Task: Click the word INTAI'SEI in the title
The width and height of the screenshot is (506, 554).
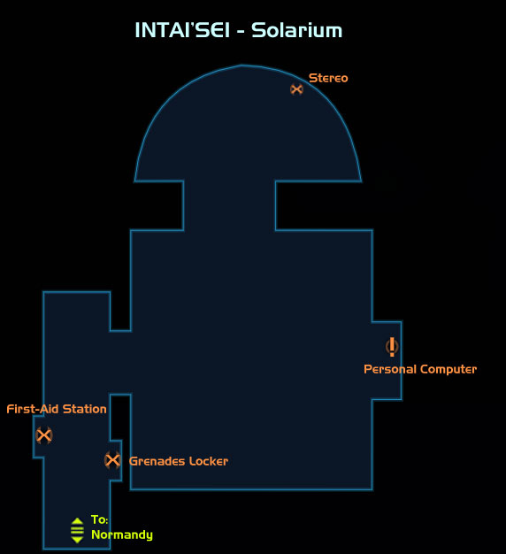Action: pyautogui.click(x=182, y=30)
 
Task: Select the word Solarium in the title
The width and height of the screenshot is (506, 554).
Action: pyautogui.click(x=296, y=30)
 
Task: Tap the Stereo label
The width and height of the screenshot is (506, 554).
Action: pyautogui.click(x=328, y=78)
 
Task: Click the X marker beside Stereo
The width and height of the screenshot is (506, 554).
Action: pyautogui.click(x=296, y=89)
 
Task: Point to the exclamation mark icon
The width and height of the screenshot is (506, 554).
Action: pyautogui.click(x=392, y=347)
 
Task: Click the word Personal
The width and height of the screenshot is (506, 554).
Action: pyautogui.click(x=390, y=369)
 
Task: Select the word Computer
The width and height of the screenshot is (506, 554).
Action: pyautogui.click(x=448, y=369)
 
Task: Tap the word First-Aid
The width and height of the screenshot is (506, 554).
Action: pyautogui.click(x=33, y=409)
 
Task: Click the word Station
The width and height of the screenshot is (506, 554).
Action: pyautogui.click(x=84, y=409)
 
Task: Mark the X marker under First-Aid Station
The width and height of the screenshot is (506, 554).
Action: pyautogui.click(x=43, y=435)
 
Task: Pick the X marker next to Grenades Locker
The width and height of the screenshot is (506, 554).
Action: pyautogui.click(x=112, y=460)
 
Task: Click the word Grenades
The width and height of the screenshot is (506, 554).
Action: pyautogui.click(x=157, y=461)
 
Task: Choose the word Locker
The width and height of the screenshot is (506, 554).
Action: pyautogui.click(x=209, y=461)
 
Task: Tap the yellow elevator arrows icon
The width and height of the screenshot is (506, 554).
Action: pyautogui.click(x=77, y=530)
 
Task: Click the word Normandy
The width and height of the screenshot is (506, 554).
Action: pyautogui.click(x=122, y=535)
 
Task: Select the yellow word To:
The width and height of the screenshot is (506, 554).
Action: pyautogui.click(x=100, y=519)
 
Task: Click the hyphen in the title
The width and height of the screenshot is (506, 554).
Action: pyautogui.click(x=241, y=32)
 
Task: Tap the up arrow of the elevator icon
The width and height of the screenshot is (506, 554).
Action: pyautogui.click(x=77, y=521)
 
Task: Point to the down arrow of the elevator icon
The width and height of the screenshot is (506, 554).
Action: pyautogui.click(x=77, y=540)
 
